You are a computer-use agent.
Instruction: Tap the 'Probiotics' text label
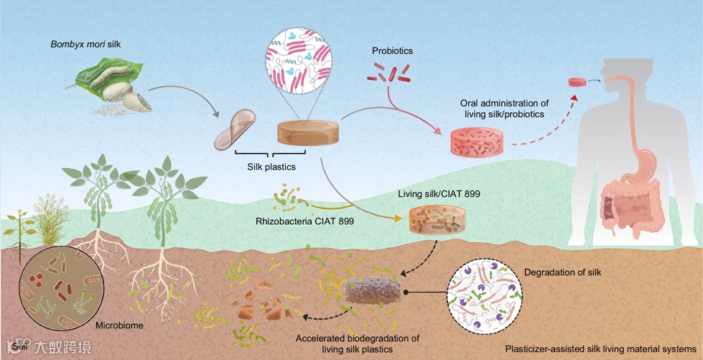pos(392,51)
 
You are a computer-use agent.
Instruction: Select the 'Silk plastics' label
pos(271,167)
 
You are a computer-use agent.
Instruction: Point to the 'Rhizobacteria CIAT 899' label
pos(303,221)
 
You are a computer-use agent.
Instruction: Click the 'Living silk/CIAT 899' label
pos(438,194)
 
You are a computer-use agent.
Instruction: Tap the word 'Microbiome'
pos(120,326)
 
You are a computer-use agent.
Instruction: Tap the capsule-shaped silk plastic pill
pos(235,130)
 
